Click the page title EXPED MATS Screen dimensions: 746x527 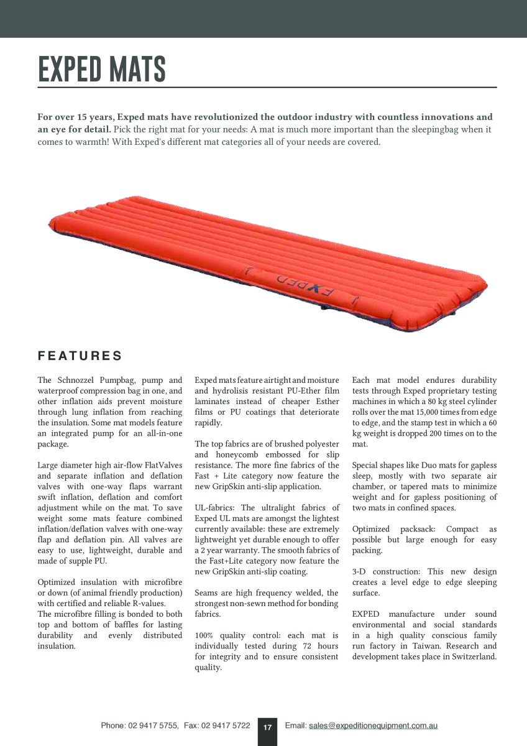pos(102,69)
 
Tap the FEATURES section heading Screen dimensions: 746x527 pos(80,356)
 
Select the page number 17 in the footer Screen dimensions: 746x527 pos(268,727)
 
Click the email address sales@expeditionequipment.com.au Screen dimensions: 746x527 pos(373,725)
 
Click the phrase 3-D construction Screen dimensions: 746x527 pos(386,571)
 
